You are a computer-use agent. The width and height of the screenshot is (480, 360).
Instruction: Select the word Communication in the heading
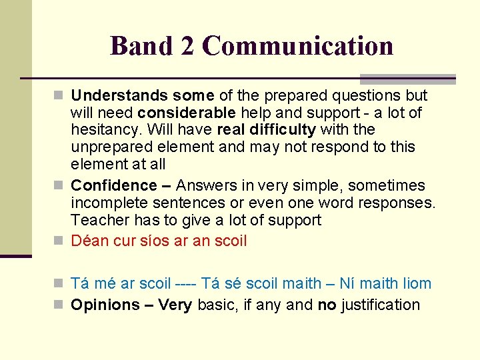[x=297, y=46]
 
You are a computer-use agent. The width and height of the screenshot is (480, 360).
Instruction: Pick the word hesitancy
[x=105, y=129]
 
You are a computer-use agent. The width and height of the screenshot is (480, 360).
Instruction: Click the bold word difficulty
[x=278, y=129]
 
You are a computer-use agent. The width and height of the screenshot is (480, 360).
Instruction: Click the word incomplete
[x=107, y=203]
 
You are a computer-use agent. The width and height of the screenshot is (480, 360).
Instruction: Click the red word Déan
[x=87, y=241]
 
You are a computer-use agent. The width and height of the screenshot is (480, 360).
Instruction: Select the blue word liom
[x=415, y=283]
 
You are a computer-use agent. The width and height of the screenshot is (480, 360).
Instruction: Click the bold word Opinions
[x=105, y=305]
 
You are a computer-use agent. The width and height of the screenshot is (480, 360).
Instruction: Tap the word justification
[x=381, y=305]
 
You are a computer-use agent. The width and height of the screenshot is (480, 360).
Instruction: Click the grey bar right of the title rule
[x=407, y=79]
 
